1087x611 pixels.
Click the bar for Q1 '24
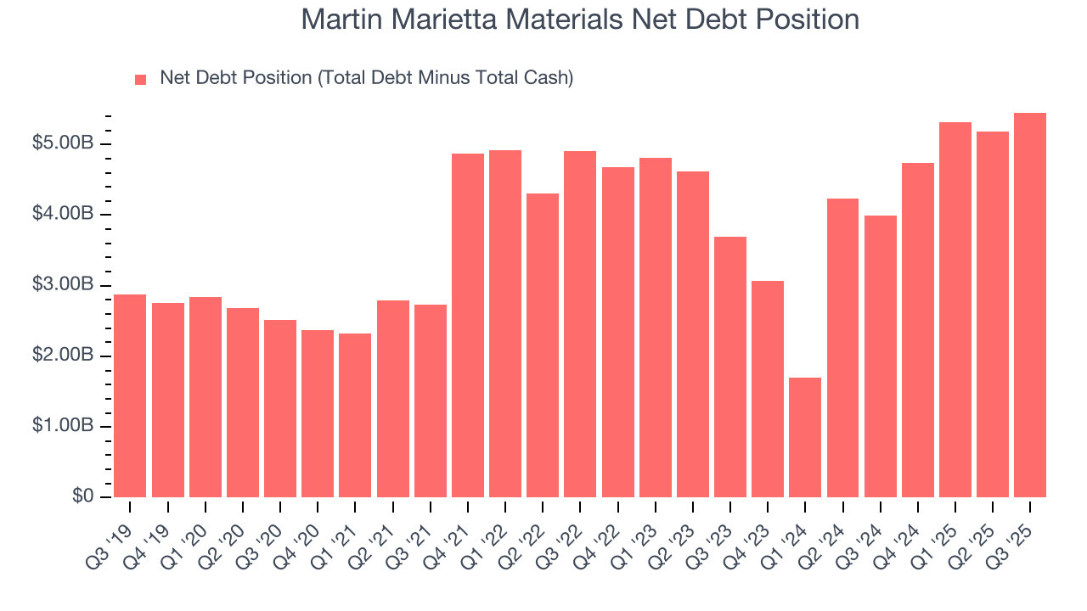point(805,437)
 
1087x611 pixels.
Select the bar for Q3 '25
point(1030,305)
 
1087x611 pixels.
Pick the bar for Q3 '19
point(130,395)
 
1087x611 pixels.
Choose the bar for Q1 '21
point(355,415)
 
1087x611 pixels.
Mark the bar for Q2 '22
point(543,345)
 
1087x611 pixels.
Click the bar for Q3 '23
point(730,367)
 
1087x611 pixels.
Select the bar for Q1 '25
point(955,310)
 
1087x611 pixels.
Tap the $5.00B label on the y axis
point(63,143)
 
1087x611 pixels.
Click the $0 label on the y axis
point(82,496)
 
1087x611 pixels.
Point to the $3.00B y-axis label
point(63,284)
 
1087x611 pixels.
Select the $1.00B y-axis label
point(63,426)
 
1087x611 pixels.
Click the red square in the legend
point(141,79)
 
